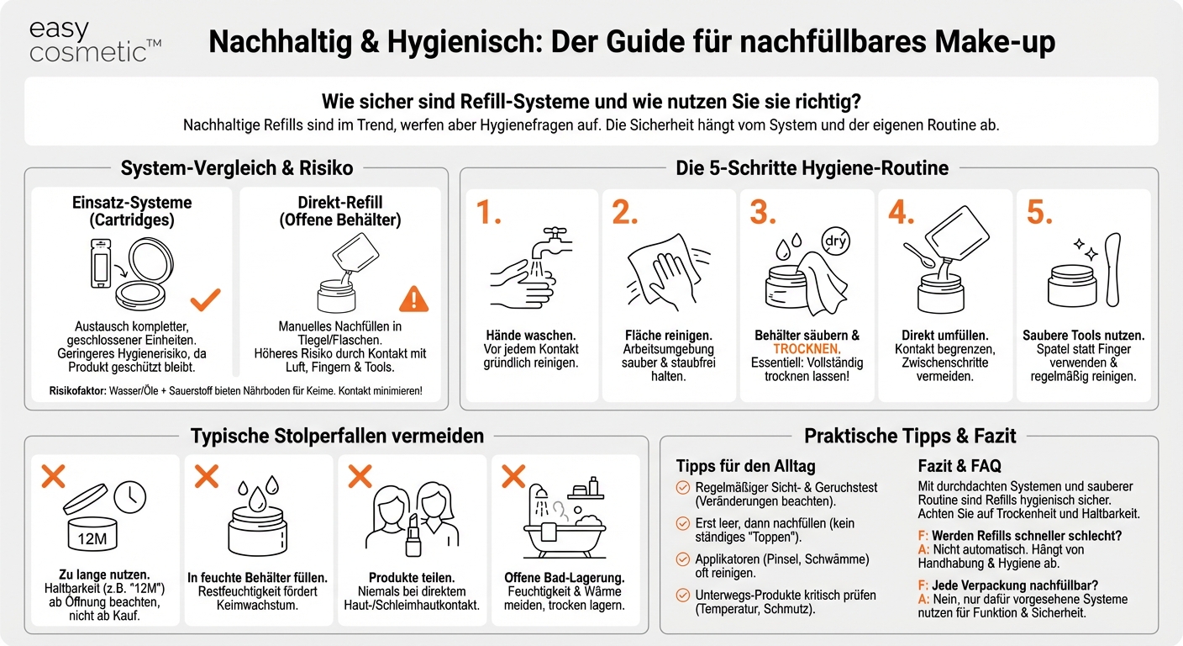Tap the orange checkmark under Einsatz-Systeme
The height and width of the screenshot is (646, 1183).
tap(205, 299)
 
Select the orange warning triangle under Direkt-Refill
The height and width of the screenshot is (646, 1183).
tap(413, 299)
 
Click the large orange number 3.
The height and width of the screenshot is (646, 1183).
tap(763, 214)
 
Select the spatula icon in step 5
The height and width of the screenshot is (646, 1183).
tap(1113, 270)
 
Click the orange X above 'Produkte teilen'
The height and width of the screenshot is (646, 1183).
tap(360, 477)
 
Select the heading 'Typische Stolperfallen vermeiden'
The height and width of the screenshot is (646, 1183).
tap(337, 436)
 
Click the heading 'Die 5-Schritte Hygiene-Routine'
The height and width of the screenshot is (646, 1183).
tap(812, 168)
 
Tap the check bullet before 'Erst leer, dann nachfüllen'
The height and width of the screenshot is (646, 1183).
tap(683, 523)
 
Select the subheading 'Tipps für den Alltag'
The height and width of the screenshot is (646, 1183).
tap(745, 466)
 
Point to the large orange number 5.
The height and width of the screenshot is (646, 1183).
tap(1039, 214)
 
